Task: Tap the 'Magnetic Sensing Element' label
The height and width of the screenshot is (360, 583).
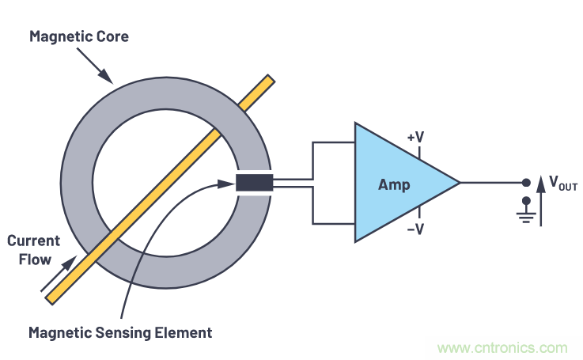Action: coord(120,332)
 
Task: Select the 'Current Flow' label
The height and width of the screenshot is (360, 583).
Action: coord(30,249)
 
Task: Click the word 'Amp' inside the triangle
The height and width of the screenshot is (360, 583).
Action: coord(393,184)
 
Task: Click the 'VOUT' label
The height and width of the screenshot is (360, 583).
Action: coord(562,186)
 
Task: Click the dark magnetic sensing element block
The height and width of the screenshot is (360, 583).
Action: coord(254,183)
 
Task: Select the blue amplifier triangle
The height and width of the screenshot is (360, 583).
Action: coord(396,182)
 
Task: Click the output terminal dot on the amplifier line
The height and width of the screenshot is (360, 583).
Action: coord(526,182)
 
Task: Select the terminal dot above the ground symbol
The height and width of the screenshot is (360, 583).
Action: coord(526,202)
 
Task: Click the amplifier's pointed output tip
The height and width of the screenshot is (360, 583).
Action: coord(458,182)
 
